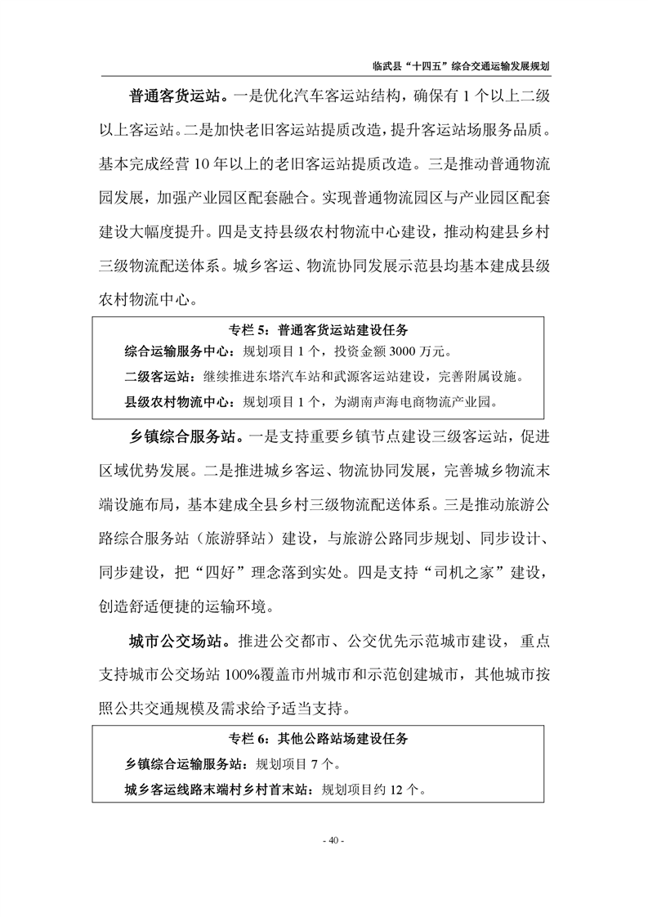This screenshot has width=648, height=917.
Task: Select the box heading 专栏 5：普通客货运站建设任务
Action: (x=324, y=331)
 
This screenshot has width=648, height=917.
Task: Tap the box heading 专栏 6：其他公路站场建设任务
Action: (x=324, y=740)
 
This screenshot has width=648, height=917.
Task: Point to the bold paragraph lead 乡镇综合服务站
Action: (x=181, y=433)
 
